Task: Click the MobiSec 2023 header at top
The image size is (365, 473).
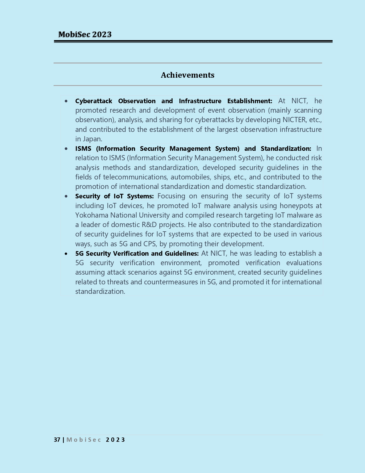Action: pos(85,34)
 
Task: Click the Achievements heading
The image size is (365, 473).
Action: pos(188,75)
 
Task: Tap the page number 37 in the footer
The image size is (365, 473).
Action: pos(57,440)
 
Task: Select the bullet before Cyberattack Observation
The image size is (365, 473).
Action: pos(66,101)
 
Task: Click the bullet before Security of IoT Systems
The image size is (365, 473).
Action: pos(66,196)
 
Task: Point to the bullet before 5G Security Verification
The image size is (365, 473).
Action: pos(66,254)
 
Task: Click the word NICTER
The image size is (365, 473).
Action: pos(294,120)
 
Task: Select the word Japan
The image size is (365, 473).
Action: pos(92,139)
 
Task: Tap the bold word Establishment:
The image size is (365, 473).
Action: pos(250,101)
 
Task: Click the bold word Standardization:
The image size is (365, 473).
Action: pos(286,148)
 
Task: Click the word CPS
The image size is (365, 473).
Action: pos(150,244)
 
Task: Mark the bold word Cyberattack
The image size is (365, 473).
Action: pos(94,101)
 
